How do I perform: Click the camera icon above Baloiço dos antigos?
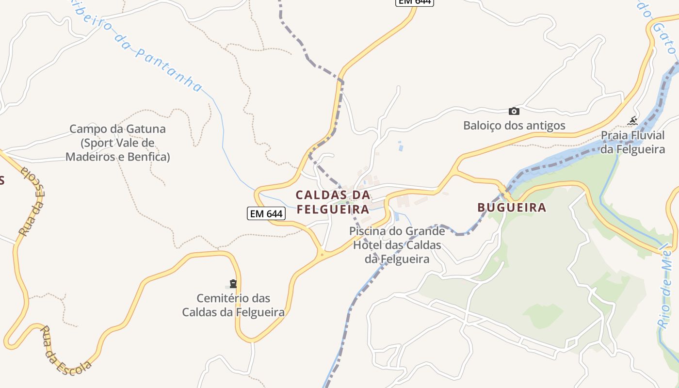click(514, 111)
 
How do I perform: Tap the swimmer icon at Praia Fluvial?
click(632, 120)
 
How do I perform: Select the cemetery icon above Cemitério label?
click(233, 284)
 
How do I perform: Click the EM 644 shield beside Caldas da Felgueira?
click(266, 213)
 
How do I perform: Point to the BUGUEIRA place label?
click(512, 208)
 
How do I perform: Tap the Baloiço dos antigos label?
click(514, 126)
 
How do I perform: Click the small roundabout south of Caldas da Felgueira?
click(322, 253)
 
